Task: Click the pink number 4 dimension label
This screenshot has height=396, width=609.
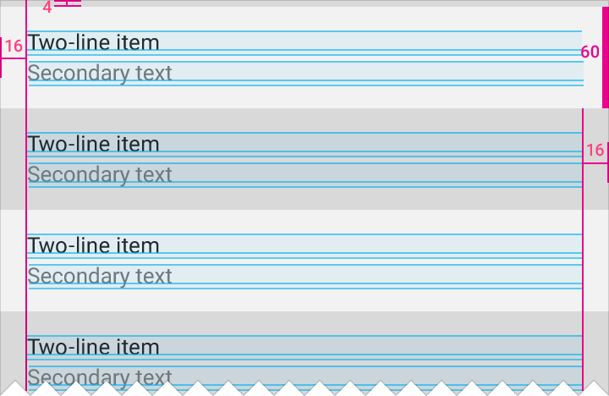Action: (47, 7)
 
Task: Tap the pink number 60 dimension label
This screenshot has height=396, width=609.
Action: (590, 52)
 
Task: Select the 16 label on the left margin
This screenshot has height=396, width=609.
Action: (14, 47)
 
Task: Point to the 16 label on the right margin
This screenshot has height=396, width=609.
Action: (595, 151)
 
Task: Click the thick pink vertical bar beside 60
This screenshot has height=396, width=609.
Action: (605, 58)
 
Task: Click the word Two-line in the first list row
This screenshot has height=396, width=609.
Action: (65, 42)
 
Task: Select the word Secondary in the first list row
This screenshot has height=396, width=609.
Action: (79, 73)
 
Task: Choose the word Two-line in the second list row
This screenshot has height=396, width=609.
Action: (65, 144)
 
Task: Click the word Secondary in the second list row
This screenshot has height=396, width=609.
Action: (79, 175)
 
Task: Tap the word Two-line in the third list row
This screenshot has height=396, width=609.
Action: (65, 245)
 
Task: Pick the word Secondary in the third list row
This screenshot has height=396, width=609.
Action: (79, 277)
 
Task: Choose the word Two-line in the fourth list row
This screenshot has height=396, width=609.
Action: (65, 347)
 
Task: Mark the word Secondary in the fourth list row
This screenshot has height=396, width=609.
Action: (79, 377)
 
